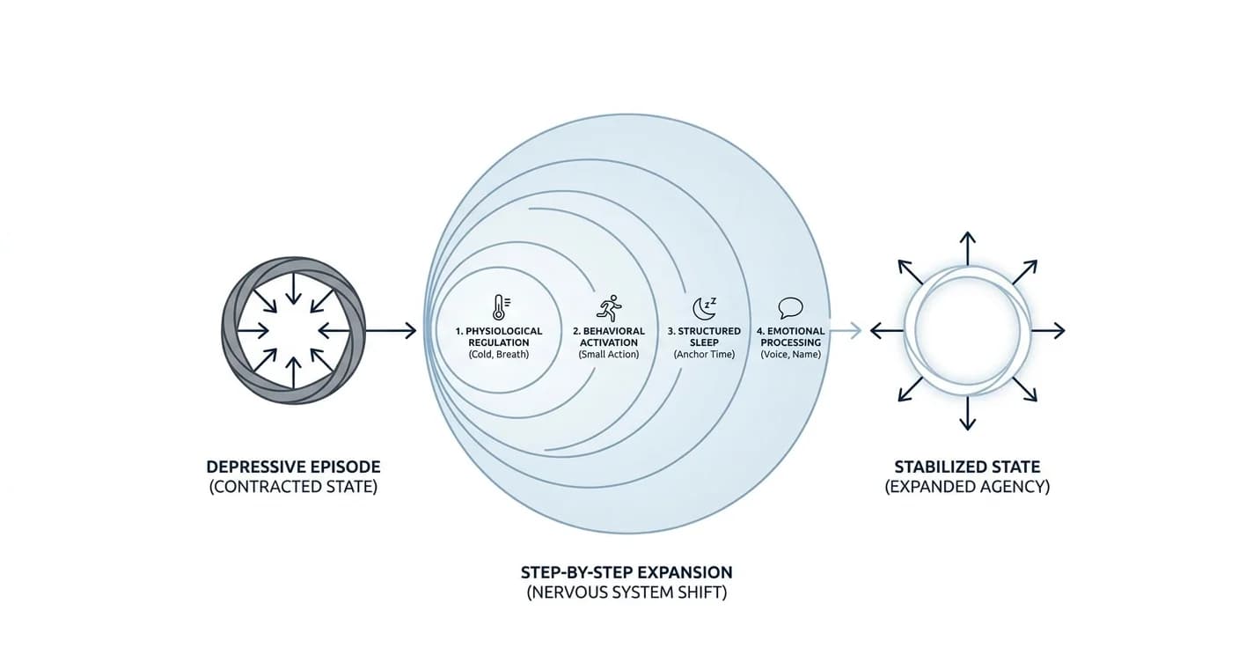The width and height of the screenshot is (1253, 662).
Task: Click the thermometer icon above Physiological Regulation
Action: click(501, 307)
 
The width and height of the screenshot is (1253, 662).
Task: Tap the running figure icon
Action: click(610, 308)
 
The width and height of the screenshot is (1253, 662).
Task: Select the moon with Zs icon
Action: click(704, 308)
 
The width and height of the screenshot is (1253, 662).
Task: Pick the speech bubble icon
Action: click(790, 308)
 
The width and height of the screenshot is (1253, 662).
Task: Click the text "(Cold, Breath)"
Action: click(498, 354)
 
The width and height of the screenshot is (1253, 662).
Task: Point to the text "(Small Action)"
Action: click(609, 354)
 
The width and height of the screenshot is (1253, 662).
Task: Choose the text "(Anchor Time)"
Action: click(704, 354)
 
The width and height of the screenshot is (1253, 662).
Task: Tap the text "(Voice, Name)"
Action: click(790, 354)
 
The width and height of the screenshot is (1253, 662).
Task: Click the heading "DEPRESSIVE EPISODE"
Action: click(293, 467)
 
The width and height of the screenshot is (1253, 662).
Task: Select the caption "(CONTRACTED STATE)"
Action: click(293, 487)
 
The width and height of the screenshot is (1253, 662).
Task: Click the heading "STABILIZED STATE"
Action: click(967, 467)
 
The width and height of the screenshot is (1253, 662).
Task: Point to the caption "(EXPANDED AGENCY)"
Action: click(967, 487)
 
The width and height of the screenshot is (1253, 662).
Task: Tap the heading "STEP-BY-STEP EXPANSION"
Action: click(626, 572)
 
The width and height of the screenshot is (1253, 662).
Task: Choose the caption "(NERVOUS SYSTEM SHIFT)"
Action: click(626, 592)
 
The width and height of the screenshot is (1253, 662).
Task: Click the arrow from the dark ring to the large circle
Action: click(391, 331)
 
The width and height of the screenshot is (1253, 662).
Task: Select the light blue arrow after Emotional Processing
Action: click(846, 331)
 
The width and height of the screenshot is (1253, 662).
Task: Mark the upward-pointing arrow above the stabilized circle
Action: click(968, 248)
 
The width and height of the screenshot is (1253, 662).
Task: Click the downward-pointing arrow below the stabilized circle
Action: click(968, 413)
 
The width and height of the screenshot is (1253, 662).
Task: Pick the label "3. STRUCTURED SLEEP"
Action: click(704, 337)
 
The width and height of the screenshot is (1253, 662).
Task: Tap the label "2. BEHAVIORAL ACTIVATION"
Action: click(609, 337)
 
